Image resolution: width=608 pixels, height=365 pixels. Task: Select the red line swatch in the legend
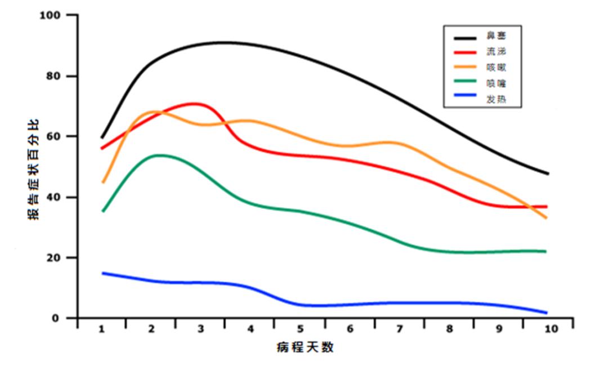(x=466, y=52)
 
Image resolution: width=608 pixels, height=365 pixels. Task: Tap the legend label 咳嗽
(x=495, y=68)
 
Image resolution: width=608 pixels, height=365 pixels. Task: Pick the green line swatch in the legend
(x=466, y=84)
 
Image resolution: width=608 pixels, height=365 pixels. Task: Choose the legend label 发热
(x=495, y=100)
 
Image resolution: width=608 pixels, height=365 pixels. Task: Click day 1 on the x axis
(x=102, y=329)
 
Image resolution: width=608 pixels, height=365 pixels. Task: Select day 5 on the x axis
(x=300, y=329)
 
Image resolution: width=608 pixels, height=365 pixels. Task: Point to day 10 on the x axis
(x=551, y=329)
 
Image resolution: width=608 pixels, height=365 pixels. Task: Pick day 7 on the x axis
(x=400, y=329)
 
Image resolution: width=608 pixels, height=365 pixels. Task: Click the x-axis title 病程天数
(x=306, y=347)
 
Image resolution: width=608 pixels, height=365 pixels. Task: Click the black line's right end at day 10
(x=548, y=173)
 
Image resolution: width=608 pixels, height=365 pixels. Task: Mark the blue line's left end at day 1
(x=102, y=273)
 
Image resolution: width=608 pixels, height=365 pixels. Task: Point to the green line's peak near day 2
(x=159, y=155)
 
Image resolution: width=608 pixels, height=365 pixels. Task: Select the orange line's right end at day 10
(x=547, y=217)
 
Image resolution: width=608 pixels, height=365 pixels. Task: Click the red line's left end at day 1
(x=102, y=148)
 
